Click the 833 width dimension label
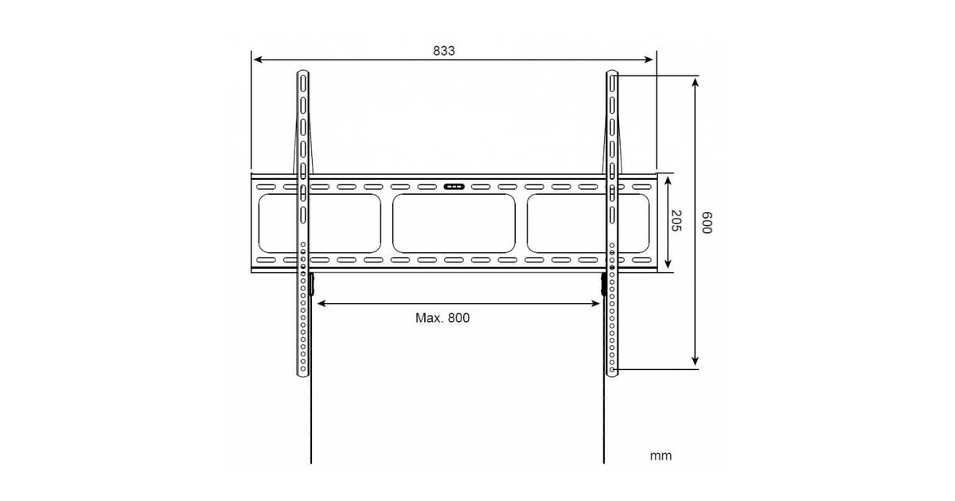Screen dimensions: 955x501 [444, 51]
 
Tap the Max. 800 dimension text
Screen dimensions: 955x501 [442, 318]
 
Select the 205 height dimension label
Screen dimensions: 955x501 [676, 221]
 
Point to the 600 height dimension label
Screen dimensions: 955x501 [707, 223]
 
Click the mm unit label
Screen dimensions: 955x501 [661, 456]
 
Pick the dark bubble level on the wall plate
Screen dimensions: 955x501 [454, 187]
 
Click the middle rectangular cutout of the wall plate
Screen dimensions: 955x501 [454, 223]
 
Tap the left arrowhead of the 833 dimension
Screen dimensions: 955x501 [258, 60]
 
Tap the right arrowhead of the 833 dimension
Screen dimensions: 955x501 [648, 60]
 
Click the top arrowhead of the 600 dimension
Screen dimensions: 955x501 [695, 83]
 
